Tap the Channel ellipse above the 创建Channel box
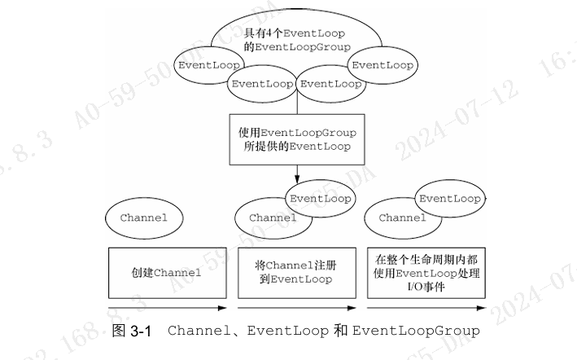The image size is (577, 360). (143, 217)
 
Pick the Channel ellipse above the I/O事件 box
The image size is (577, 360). (402, 218)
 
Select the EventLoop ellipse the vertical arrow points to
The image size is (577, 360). (320, 198)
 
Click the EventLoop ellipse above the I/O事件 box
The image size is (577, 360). (449, 198)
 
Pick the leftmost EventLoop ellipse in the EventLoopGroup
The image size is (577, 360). (208, 65)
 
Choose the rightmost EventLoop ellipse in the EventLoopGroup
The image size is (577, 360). (382, 65)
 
